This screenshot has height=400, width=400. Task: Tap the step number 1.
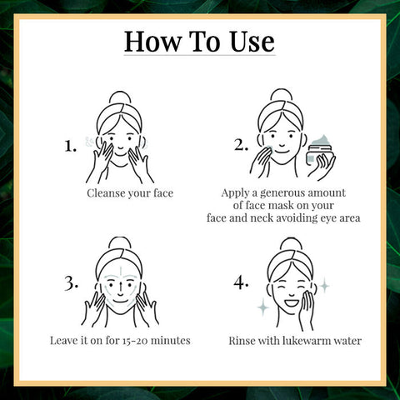[71, 146]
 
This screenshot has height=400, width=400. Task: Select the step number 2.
[242, 146]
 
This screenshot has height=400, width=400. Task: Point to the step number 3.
[70, 284]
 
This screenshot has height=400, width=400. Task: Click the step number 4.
[242, 283]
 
